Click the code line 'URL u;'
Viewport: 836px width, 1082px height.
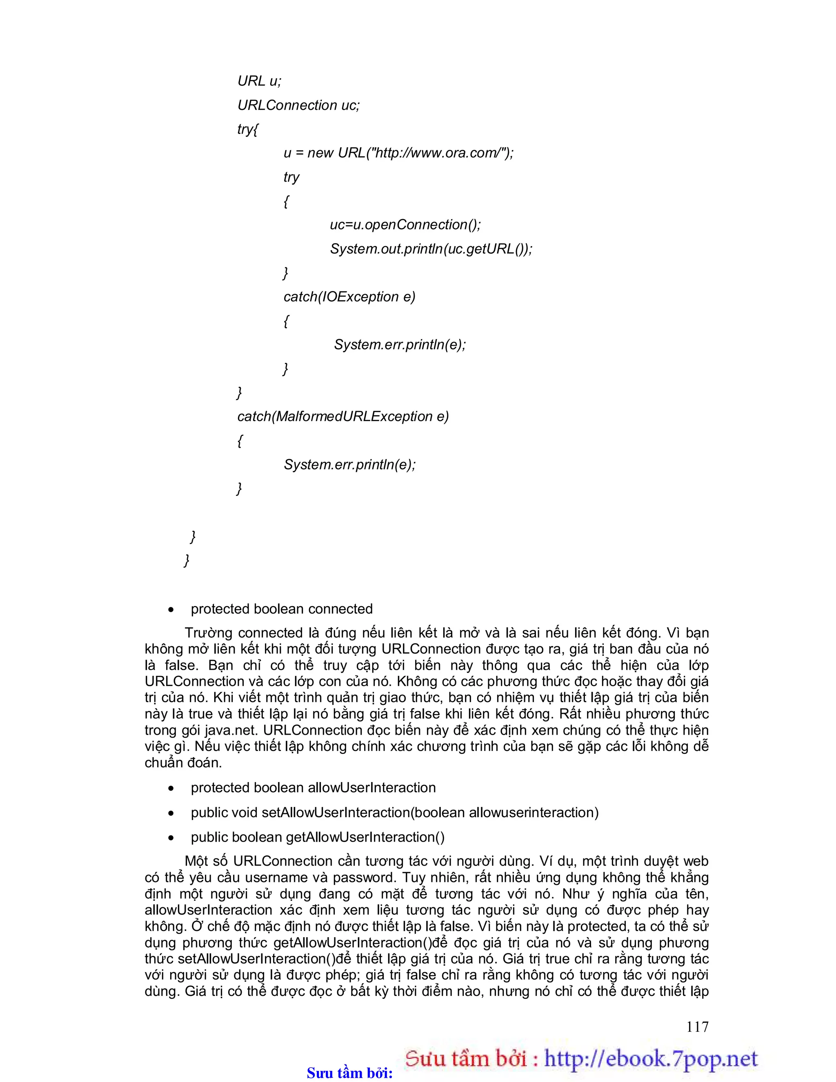coord(259,81)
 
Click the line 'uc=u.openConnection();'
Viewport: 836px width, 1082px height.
coord(405,225)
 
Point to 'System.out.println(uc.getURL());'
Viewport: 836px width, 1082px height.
coord(431,249)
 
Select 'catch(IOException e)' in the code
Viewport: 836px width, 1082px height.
coord(349,297)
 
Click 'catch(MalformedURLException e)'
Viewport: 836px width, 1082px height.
coord(342,417)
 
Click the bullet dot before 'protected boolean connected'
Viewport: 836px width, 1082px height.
coord(171,610)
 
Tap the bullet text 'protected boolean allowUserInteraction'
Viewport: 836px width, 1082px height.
coord(313,788)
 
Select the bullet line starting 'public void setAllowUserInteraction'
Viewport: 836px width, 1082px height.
coord(394,813)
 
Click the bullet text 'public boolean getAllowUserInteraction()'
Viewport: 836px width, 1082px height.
coord(317,837)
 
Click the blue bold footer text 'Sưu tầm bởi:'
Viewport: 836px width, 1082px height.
coord(349,1073)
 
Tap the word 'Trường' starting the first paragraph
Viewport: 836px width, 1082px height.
coord(208,633)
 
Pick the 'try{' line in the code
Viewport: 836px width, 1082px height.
coord(247,129)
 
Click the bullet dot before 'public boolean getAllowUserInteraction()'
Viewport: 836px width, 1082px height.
coord(171,838)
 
